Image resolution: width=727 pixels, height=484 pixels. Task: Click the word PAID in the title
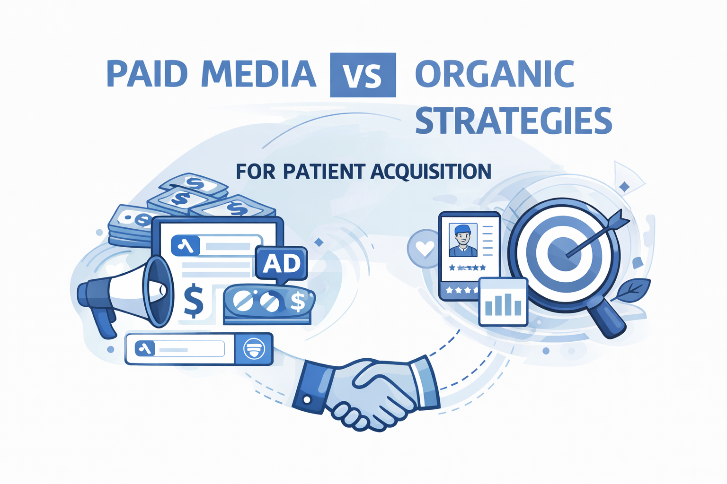pyautogui.click(x=147, y=74)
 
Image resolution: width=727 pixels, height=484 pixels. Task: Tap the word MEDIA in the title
pyautogui.click(x=258, y=74)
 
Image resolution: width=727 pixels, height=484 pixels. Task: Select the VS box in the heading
pyautogui.click(x=363, y=75)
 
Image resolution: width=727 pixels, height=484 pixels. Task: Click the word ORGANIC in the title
pyautogui.click(x=495, y=74)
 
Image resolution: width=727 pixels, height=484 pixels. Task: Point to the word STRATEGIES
pyautogui.click(x=514, y=121)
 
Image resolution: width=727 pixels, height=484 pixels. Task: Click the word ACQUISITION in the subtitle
pyautogui.click(x=431, y=172)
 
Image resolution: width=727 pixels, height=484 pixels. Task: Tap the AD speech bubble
pyautogui.click(x=281, y=264)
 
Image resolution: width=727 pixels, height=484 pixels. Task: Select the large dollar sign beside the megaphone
pyautogui.click(x=193, y=301)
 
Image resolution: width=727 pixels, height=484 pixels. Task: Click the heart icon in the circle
pyautogui.click(x=425, y=249)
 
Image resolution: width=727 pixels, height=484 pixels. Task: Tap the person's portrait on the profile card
pyautogui.click(x=462, y=240)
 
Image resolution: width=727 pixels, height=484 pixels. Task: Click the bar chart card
pyautogui.click(x=503, y=302)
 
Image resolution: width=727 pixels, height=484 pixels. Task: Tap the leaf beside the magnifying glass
pyautogui.click(x=632, y=290)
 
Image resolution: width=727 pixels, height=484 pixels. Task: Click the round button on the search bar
pyautogui.click(x=254, y=349)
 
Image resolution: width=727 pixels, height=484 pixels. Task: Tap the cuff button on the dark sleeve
pyautogui.click(x=307, y=400)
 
